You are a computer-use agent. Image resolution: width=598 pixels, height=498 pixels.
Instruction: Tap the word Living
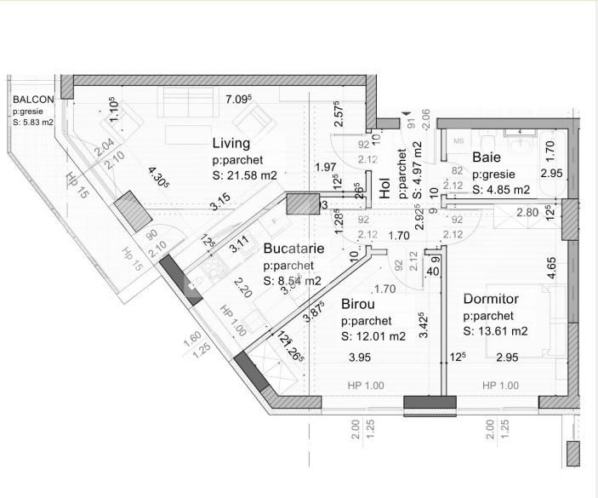pos(231,143)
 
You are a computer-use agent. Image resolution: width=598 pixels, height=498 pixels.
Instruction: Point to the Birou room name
pos(358,304)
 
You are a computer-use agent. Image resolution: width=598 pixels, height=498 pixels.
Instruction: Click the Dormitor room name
pos(492,299)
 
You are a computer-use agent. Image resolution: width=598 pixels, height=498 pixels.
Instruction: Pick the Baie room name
pos(486,157)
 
